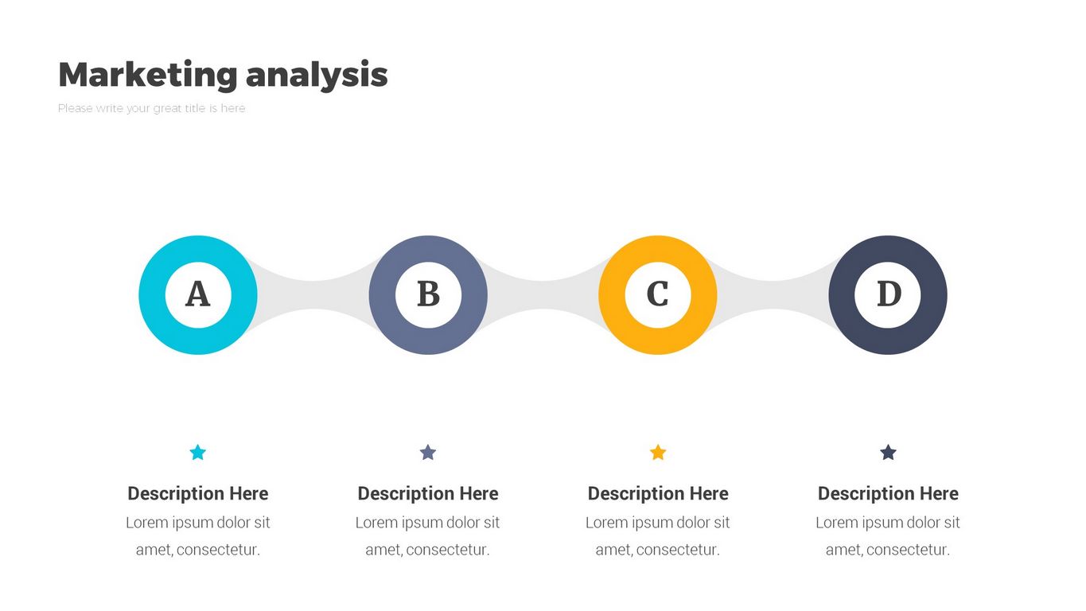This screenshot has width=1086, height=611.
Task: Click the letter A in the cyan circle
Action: tap(198, 294)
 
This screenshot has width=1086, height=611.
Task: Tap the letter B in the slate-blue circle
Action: tap(428, 294)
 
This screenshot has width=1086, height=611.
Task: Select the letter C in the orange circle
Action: tap(657, 294)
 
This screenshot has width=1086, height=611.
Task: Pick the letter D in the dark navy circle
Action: tap(889, 294)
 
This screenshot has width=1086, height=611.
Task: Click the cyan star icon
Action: tap(198, 452)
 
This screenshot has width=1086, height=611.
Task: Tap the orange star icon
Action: tap(658, 452)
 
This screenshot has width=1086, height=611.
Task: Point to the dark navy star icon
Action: tap(888, 452)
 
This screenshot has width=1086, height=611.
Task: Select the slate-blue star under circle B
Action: tap(427, 452)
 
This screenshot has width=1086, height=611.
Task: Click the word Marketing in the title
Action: tap(148, 75)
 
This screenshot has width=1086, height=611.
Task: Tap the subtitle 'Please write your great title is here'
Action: tap(151, 108)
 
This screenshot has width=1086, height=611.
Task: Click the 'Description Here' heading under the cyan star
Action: tap(198, 493)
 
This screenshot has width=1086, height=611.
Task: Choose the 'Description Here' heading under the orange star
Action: tap(658, 493)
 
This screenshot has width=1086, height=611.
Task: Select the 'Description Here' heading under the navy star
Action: tap(888, 493)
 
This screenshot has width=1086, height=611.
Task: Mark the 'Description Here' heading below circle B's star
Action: tap(428, 493)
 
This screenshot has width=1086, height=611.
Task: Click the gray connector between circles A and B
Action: tap(313, 295)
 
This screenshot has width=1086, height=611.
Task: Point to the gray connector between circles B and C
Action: tap(543, 295)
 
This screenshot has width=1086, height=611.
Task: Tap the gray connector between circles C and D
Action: tap(773, 295)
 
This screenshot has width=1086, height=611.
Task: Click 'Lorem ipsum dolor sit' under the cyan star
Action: tap(198, 523)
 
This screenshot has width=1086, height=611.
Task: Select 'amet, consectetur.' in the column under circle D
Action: tap(888, 550)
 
